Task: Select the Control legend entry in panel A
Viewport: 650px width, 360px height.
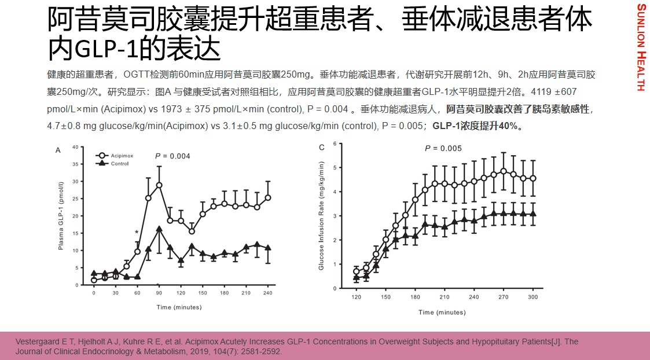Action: coord(119,164)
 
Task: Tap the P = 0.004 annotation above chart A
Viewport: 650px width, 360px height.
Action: coord(172,156)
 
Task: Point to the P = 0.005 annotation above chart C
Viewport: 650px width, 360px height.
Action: coord(443,149)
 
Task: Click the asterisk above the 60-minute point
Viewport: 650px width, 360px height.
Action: coord(137,233)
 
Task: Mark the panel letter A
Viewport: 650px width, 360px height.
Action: coord(58,150)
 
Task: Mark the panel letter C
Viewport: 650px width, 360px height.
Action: coord(322,148)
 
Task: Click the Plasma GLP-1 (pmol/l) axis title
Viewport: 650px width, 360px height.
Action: coord(61,215)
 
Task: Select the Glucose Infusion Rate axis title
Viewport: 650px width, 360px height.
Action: coord(321,216)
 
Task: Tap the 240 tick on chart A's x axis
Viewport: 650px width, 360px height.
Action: coord(268,293)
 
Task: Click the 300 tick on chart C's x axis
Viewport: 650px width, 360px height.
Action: coord(533,297)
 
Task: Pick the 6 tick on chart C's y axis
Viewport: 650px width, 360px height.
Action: coord(335,143)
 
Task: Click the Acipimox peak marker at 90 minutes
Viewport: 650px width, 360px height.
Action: coord(159,185)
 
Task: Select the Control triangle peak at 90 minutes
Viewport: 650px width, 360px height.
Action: coord(159,229)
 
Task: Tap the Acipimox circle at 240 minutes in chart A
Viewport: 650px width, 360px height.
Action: coord(268,197)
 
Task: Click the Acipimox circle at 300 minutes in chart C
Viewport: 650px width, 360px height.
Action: coord(533,178)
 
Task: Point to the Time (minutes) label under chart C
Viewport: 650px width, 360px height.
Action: coord(442,313)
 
